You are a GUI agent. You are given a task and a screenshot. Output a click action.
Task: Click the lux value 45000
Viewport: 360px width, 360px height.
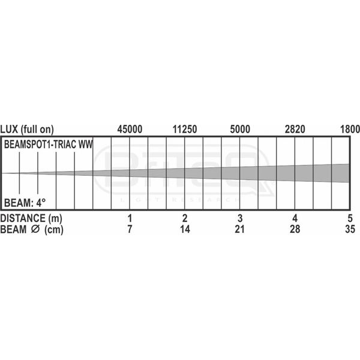click(130, 129)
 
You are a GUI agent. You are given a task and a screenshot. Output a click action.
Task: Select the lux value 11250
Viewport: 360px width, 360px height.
click(185, 129)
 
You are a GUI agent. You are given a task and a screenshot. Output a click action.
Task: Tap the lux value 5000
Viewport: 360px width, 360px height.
click(240, 129)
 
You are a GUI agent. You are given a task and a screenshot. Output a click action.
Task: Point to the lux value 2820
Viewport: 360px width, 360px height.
click(295, 129)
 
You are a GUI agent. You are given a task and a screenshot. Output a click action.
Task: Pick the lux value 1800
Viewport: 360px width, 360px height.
click(349, 129)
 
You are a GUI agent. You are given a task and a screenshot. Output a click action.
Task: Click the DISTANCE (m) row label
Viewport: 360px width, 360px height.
click(31, 217)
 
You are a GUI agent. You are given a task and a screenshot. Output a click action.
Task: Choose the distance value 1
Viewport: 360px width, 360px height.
click(130, 217)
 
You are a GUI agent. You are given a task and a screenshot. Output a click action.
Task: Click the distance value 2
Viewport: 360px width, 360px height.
click(185, 217)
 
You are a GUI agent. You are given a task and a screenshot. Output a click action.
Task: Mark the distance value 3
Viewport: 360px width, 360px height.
click(240, 217)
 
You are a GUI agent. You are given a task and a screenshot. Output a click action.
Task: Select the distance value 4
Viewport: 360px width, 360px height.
click(295, 217)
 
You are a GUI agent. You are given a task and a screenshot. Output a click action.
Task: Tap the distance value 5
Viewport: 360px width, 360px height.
click(349, 217)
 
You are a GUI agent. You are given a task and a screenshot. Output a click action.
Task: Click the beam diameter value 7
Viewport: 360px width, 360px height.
click(130, 229)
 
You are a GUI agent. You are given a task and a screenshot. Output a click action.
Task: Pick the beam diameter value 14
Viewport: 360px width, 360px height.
click(185, 229)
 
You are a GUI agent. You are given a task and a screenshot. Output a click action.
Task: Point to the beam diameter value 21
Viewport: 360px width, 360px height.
click(240, 229)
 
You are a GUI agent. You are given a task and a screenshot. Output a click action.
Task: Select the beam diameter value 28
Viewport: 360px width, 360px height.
click(295, 229)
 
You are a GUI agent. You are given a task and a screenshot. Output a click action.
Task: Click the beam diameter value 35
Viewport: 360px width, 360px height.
click(349, 229)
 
